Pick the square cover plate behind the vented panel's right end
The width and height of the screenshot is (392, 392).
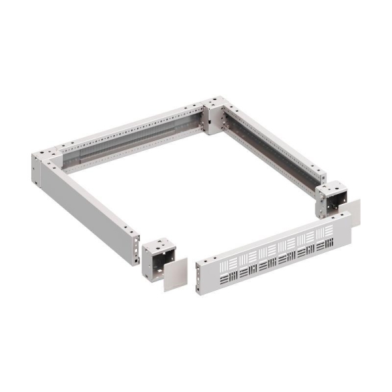353,214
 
